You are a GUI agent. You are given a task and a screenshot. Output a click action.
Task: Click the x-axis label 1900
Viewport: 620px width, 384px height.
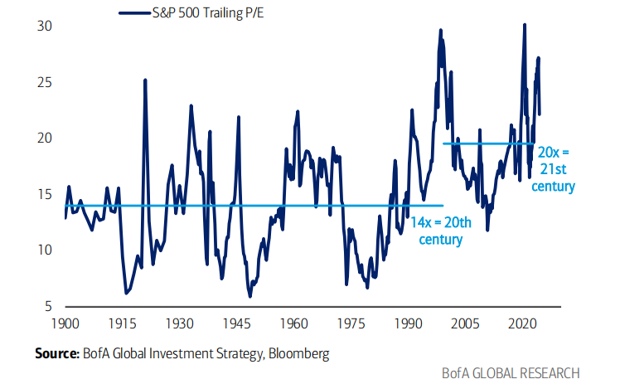coord(65,322)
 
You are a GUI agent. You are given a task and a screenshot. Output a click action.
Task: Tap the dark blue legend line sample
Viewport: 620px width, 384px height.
coord(133,12)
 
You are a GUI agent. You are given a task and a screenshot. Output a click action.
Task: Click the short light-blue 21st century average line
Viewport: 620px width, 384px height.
coord(489,143)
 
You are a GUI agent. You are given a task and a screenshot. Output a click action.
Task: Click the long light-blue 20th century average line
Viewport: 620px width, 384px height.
coord(249,206)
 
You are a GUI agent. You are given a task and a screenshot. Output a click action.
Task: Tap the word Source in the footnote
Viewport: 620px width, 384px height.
coord(56,353)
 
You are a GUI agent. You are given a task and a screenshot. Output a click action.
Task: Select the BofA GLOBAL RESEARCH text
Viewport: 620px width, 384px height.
coord(510,372)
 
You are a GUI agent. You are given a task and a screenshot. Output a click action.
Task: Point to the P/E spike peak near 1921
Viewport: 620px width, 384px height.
coord(145,80)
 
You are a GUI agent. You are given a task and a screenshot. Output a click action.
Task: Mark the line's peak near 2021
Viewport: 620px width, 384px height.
coord(524,25)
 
